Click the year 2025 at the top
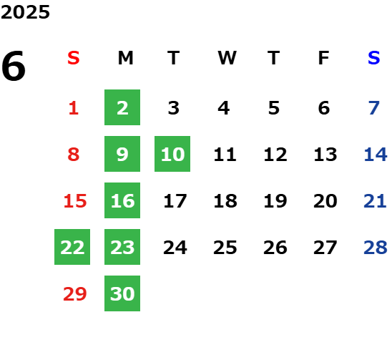25,12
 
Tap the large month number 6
14,66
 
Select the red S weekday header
74,58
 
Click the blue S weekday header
373,58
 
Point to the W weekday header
227,58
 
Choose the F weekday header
323,58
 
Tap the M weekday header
125,58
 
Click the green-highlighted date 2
122,107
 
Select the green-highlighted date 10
172,154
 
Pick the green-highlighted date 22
72,247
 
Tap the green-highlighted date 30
122,293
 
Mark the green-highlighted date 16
122,200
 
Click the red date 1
74,108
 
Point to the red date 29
74,294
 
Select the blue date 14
376,155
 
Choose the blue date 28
376,248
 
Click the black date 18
225,201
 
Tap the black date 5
274,108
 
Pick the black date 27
325,248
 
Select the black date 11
225,155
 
